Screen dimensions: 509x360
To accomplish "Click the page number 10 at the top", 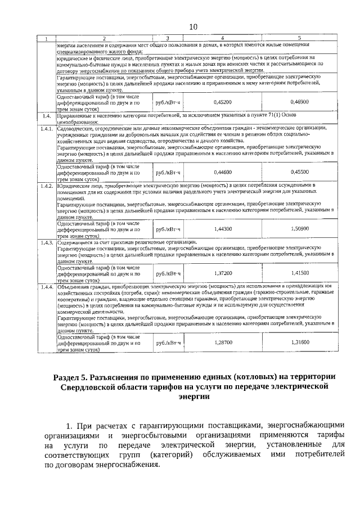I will [x=193, y=26].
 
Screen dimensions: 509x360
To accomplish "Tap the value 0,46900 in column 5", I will [x=299, y=102].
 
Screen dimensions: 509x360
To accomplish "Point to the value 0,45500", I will [x=299, y=172].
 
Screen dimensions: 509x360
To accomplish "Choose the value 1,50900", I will [x=299, y=228].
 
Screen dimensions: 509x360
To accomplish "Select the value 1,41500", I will [x=299, y=272].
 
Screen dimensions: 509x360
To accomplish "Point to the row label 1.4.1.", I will [x=46, y=129].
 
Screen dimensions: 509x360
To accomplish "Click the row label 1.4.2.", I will [x=46, y=185].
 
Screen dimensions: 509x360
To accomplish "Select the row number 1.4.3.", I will [x=46, y=242].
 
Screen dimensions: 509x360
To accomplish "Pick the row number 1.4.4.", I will [x=46, y=286].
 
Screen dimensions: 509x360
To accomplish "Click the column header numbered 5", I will [x=299, y=38].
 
